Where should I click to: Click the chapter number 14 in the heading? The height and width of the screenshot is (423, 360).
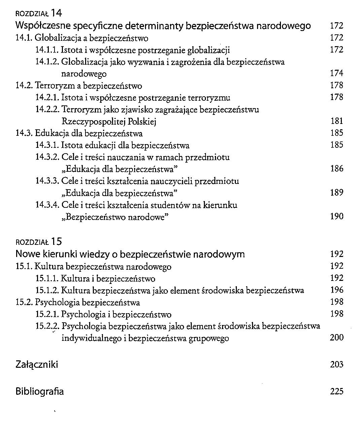pyautogui.click(x=57, y=13)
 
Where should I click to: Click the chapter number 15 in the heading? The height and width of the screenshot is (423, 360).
pyautogui.click(x=57, y=242)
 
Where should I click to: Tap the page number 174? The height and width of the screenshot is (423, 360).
pyautogui.click(x=336, y=73)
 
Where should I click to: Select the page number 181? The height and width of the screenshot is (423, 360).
pyautogui.click(x=336, y=121)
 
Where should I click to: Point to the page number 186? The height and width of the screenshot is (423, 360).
pyautogui.click(x=336, y=168)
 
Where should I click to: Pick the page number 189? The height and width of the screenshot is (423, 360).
pyautogui.click(x=336, y=193)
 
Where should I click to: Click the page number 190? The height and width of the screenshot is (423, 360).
pyautogui.click(x=336, y=216)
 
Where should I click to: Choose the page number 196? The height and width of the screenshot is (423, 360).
pyautogui.click(x=336, y=290)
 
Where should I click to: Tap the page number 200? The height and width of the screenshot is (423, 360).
pyautogui.click(x=336, y=337)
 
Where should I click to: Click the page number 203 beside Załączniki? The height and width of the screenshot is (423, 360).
pyautogui.click(x=336, y=364)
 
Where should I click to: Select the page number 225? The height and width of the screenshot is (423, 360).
pyautogui.click(x=336, y=391)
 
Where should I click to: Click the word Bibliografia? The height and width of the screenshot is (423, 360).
pyautogui.click(x=39, y=391)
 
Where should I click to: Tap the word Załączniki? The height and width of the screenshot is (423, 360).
pyautogui.click(x=37, y=364)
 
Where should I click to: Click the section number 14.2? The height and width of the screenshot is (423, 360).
pyautogui.click(x=24, y=86)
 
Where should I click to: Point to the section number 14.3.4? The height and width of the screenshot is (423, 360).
pyautogui.click(x=47, y=205)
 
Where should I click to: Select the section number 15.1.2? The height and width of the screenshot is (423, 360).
pyautogui.click(x=47, y=290)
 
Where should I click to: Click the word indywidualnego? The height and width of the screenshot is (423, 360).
pyautogui.click(x=88, y=338)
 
